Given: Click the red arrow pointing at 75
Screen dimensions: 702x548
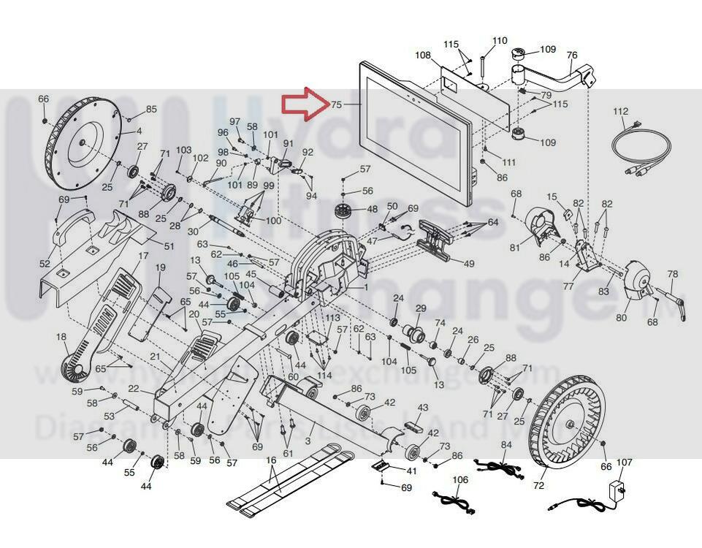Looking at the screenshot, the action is (304, 104).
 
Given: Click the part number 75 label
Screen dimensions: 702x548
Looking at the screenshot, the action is (336, 104).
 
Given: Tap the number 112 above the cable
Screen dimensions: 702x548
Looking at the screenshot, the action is (620, 111).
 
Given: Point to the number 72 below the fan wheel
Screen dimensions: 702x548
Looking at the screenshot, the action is (540, 485).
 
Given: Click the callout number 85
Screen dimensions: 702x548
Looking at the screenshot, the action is (151, 110).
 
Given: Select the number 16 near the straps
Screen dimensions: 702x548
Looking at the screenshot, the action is (271, 460).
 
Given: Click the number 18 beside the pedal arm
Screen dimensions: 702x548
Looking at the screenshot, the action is (61, 337).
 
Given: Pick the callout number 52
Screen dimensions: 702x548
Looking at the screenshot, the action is (45, 264).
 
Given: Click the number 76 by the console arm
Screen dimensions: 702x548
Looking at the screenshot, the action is (572, 56).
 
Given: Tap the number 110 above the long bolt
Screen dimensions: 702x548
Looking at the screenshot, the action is (500, 40).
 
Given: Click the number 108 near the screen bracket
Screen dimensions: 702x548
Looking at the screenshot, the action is (423, 55).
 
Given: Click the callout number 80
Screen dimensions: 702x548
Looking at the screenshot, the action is (621, 318).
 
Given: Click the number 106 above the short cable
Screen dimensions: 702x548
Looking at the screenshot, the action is (460, 480).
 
